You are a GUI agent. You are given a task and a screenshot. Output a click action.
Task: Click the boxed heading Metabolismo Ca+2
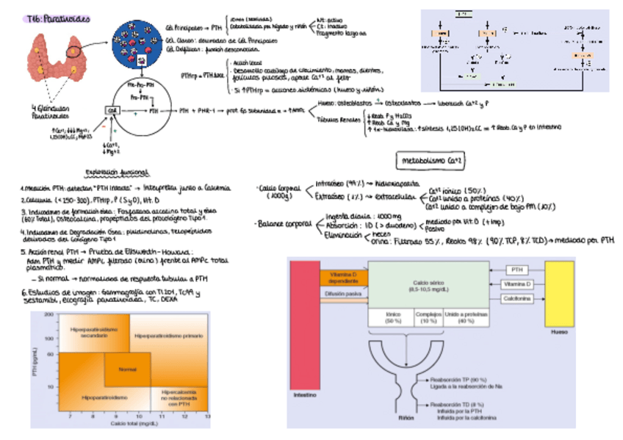click(x=429, y=159)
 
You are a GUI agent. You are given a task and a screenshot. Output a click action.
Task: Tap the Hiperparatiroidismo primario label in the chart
click(x=168, y=336)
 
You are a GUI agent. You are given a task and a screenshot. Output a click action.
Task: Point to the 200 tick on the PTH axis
click(x=49, y=314)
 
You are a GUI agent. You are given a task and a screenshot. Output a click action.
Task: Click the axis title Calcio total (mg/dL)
click(x=133, y=424)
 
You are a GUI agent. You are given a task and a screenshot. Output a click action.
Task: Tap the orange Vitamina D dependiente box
click(x=344, y=277)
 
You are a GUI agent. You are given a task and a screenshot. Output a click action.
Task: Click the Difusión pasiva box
click(x=344, y=294)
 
